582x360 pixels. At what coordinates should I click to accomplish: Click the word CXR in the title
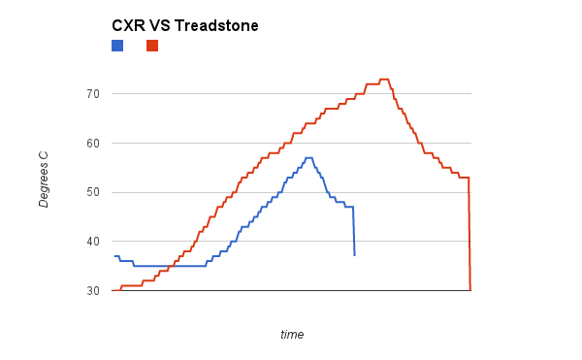click(x=129, y=26)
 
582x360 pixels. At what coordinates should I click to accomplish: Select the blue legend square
click(x=117, y=46)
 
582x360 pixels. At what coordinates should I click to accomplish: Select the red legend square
click(x=152, y=46)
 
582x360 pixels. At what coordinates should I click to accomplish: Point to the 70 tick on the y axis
click(x=93, y=94)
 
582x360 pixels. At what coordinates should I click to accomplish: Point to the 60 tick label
click(x=93, y=144)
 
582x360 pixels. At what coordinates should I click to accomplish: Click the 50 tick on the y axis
click(x=93, y=192)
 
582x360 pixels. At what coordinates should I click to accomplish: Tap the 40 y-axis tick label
click(x=93, y=242)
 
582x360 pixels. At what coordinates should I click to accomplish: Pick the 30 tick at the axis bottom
click(x=93, y=291)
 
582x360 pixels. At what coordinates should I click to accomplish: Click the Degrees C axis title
click(x=44, y=179)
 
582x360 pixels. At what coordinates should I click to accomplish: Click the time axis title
click(x=292, y=335)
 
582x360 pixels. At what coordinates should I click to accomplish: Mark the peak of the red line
click(x=383, y=80)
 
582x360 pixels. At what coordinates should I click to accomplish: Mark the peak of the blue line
click(x=308, y=157)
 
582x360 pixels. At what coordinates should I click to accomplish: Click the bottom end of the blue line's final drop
click(x=354, y=255)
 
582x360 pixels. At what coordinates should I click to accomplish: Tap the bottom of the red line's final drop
click(x=470, y=290)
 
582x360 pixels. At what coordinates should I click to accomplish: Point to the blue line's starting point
click(x=113, y=256)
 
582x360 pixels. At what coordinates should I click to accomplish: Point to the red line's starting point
click(x=113, y=290)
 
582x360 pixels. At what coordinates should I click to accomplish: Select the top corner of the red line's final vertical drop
click(x=469, y=178)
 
